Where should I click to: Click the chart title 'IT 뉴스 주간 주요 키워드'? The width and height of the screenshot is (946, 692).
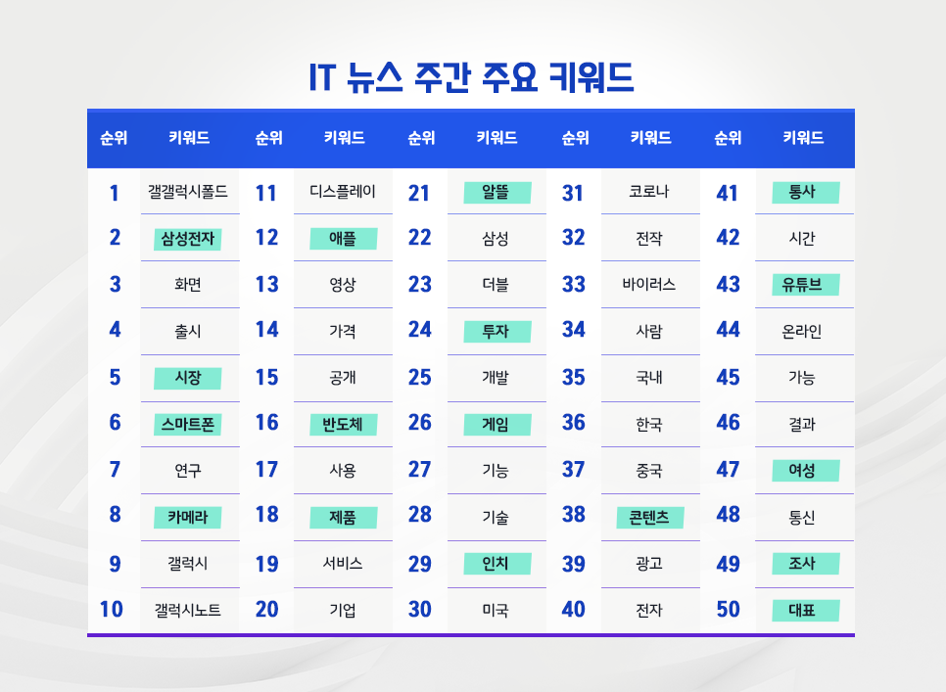pyautogui.click(x=471, y=77)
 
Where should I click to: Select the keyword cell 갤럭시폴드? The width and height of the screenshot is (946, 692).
pyautogui.click(x=188, y=192)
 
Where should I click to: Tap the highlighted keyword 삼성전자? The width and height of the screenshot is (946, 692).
pyautogui.click(x=188, y=238)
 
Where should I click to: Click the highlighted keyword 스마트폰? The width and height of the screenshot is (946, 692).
pyautogui.click(x=188, y=425)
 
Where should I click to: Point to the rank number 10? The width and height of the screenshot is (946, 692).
pyautogui.click(x=112, y=610)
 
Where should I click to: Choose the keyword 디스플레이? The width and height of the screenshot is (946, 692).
pyautogui.click(x=343, y=192)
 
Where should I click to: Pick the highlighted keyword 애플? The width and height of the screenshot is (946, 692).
pyautogui.click(x=343, y=238)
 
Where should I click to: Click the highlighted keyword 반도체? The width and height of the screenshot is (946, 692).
pyautogui.click(x=343, y=425)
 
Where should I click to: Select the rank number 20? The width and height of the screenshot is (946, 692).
pyautogui.click(x=266, y=610)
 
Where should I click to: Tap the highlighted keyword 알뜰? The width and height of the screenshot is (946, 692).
pyautogui.click(x=496, y=192)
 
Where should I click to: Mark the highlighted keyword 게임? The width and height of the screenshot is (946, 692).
pyautogui.click(x=496, y=425)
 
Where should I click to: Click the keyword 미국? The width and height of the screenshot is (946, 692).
pyautogui.click(x=496, y=611)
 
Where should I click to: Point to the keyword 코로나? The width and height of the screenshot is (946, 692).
pyautogui.click(x=649, y=192)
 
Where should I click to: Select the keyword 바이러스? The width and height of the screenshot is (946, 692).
pyautogui.click(x=649, y=285)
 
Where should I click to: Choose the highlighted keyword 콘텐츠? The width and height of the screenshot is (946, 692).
pyautogui.click(x=649, y=517)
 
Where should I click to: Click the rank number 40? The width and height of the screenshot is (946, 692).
pyautogui.click(x=574, y=610)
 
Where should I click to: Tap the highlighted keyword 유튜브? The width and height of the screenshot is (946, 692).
pyautogui.click(x=804, y=285)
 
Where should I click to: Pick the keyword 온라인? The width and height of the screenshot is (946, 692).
pyautogui.click(x=804, y=331)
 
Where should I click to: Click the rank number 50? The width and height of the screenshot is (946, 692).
pyautogui.click(x=728, y=610)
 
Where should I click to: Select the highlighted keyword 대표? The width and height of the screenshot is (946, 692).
pyautogui.click(x=804, y=611)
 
